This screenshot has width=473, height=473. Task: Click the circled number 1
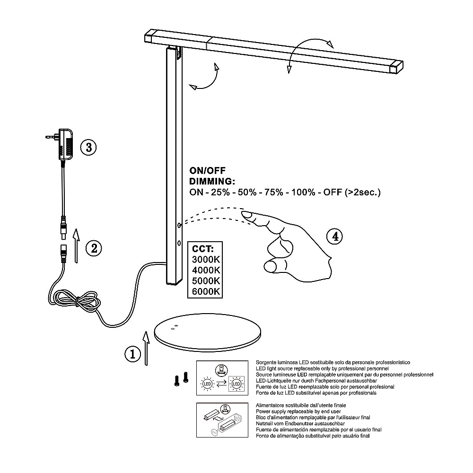pyautogui.click(x=133, y=354)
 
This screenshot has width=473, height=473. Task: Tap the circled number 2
pyautogui.click(x=94, y=247)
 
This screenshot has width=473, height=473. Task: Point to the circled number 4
pyautogui.click(x=335, y=236)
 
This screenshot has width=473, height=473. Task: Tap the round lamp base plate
pyautogui.click(x=208, y=333)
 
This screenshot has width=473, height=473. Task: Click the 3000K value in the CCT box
pyautogui.click(x=206, y=259)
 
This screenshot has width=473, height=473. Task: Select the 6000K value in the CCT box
pyautogui.click(x=206, y=292)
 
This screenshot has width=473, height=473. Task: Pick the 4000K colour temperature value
pyautogui.click(x=206, y=270)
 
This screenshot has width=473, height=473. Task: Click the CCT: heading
pyautogui.click(x=203, y=249)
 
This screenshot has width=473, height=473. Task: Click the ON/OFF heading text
pyautogui.click(x=208, y=171)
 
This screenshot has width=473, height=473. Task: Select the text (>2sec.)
pyautogui.click(x=363, y=193)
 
